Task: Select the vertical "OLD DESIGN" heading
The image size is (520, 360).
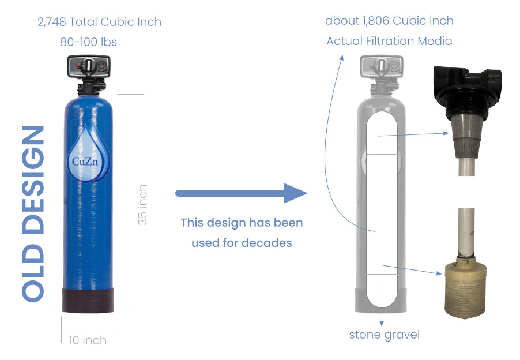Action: click(33, 213)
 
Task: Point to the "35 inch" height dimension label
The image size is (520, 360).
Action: click(144, 204)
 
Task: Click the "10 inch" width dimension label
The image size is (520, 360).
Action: click(88, 340)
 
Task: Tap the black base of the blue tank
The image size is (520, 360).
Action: click(88, 298)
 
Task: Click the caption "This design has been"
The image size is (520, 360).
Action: click(242, 223)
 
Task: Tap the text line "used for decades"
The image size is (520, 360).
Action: click(242, 243)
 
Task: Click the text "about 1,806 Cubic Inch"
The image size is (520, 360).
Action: click(389, 21)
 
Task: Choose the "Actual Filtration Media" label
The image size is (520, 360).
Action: click(389, 41)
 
